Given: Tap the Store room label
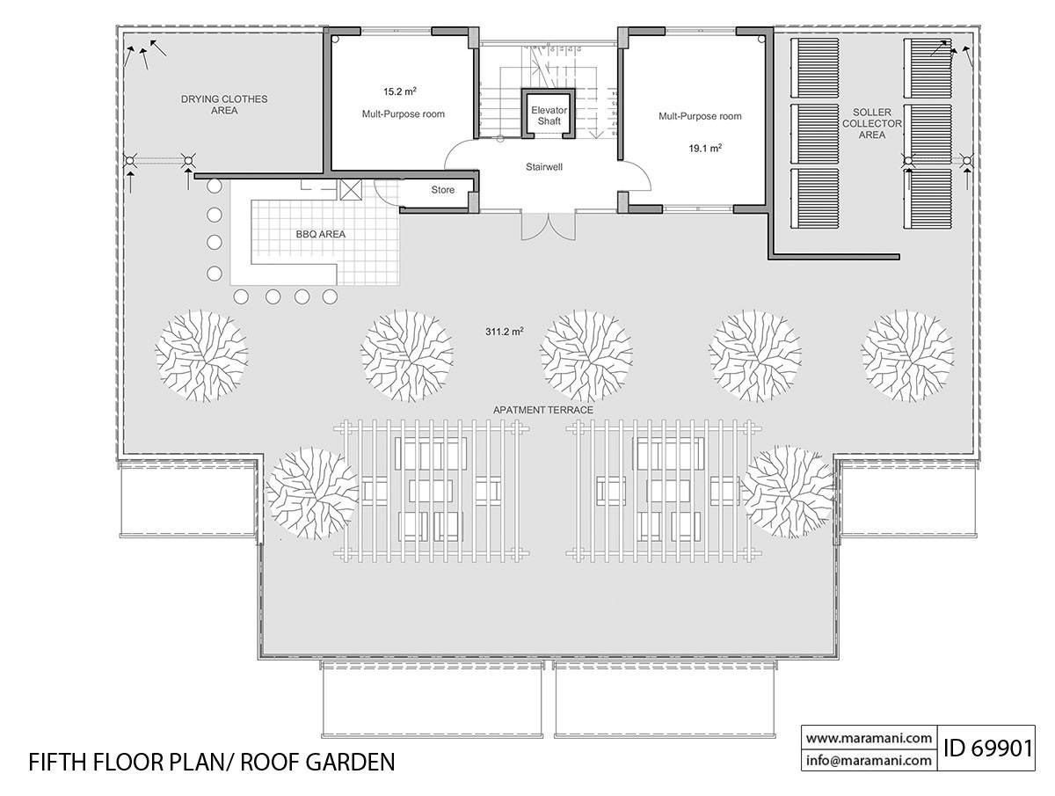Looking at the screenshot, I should click(x=442, y=190).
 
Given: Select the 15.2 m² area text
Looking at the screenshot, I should click(x=399, y=91).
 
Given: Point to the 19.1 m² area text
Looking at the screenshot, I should click(x=705, y=150).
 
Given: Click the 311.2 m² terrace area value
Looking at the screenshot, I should click(x=504, y=332).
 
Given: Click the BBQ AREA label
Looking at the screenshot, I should click(x=320, y=235).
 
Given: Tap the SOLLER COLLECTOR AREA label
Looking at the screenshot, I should click(x=877, y=123).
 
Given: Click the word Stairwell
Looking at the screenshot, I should click(x=544, y=165).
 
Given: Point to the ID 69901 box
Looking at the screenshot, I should click(x=987, y=749).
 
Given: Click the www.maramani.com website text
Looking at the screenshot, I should click(x=869, y=738).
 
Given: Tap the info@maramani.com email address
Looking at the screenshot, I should click(x=869, y=760).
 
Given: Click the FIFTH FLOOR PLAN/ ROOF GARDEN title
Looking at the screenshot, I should click(x=211, y=761).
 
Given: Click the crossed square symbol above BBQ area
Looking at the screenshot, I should click(x=350, y=190).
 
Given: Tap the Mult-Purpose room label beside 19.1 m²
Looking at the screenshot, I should click(x=700, y=116).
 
